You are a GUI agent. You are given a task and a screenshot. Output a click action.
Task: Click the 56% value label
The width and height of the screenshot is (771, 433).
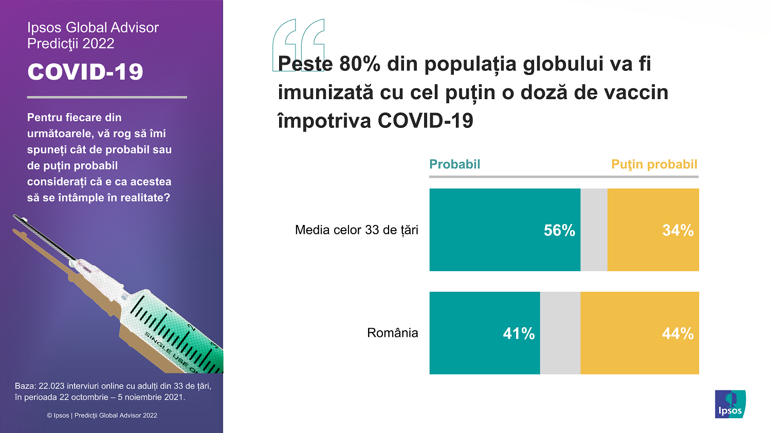point(559,230)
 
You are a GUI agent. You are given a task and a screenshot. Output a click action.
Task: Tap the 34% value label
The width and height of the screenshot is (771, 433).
point(677,230)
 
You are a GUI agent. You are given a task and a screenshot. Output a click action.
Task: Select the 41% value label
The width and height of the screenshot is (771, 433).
point(519,333)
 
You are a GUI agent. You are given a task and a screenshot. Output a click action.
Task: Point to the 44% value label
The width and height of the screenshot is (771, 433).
point(677,333)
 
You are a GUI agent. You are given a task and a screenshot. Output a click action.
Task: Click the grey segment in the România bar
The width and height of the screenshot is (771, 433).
point(560,333)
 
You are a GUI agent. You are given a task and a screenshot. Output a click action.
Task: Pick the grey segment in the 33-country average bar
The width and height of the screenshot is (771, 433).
point(594,230)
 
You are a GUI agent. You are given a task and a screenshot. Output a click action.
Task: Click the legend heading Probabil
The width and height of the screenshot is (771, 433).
point(454,164)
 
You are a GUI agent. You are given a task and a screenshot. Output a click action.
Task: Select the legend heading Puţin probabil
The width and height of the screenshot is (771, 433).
point(654,164)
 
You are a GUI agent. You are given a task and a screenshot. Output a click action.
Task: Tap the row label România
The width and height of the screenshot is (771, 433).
point(392,333)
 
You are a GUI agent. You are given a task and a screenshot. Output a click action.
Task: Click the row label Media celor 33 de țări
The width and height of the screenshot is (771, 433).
point(356,230)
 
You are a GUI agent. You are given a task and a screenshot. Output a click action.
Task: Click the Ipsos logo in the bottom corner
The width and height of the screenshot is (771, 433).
point(730,404)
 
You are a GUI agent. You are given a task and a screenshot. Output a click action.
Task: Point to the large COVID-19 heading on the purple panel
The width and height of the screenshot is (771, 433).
point(85,72)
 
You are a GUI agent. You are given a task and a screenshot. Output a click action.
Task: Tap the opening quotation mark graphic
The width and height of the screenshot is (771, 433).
point(299,44)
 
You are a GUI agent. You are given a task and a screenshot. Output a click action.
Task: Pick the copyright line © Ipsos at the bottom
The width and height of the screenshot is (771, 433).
point(102,415)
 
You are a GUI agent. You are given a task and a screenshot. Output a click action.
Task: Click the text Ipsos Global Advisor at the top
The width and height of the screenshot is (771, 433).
point(93,28)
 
